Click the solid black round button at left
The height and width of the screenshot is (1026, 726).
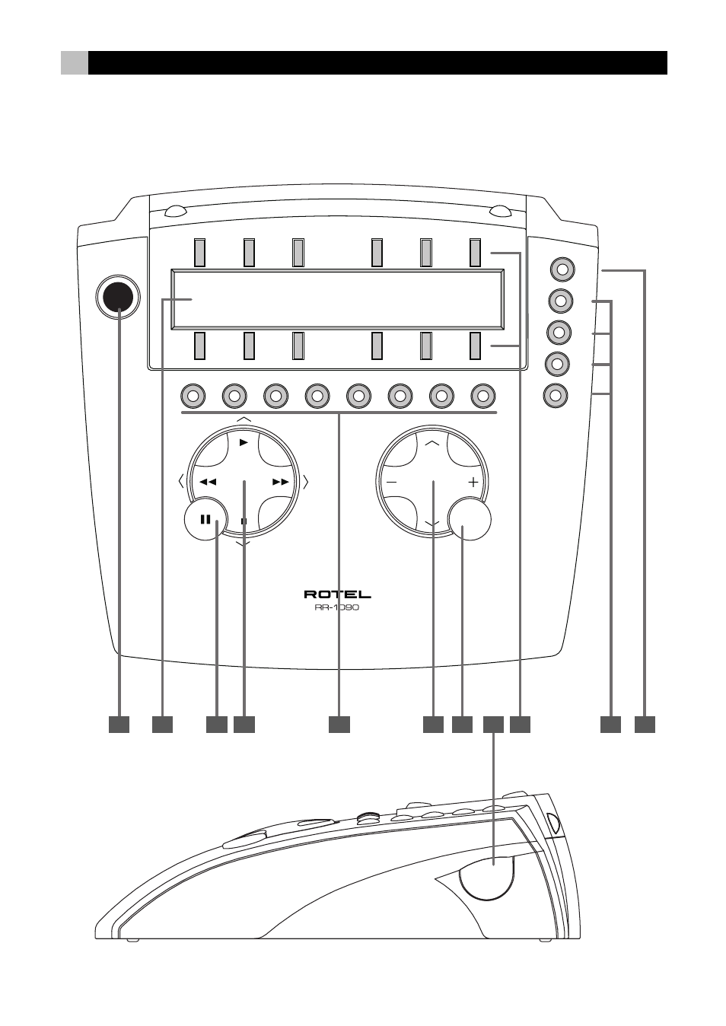(x=118, y=298)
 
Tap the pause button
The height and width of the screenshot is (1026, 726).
(x=205, y=519)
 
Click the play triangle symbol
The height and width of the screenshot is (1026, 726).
(x=244, y=442)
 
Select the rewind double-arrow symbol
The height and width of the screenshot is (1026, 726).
(x=208, y=482)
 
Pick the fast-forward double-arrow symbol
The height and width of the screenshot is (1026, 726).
(x=281, y=482)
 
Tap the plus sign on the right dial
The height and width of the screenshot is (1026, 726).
(x=473, y=482)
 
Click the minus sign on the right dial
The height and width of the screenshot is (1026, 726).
(x=392, y=482)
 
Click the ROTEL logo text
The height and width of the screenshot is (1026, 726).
(x=338, y=594)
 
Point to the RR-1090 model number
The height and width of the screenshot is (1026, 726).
(x=337, y=608)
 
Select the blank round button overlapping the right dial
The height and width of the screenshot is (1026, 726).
(x=470, y=519)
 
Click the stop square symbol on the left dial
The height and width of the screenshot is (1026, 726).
(x=244, y=521)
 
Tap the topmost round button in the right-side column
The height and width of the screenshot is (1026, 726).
(x=562, y=269)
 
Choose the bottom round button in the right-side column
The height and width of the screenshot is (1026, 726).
(x=556, y=395)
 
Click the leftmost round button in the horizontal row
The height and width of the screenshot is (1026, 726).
(x=193, y=397)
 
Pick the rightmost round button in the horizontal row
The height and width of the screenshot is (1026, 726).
(x=483, y=397)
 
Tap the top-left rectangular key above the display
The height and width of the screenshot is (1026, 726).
(x=199, y=253)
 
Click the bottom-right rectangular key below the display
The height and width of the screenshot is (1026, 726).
(x=476, y=346)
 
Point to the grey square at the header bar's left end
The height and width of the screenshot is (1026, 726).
(x=75, y=62)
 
